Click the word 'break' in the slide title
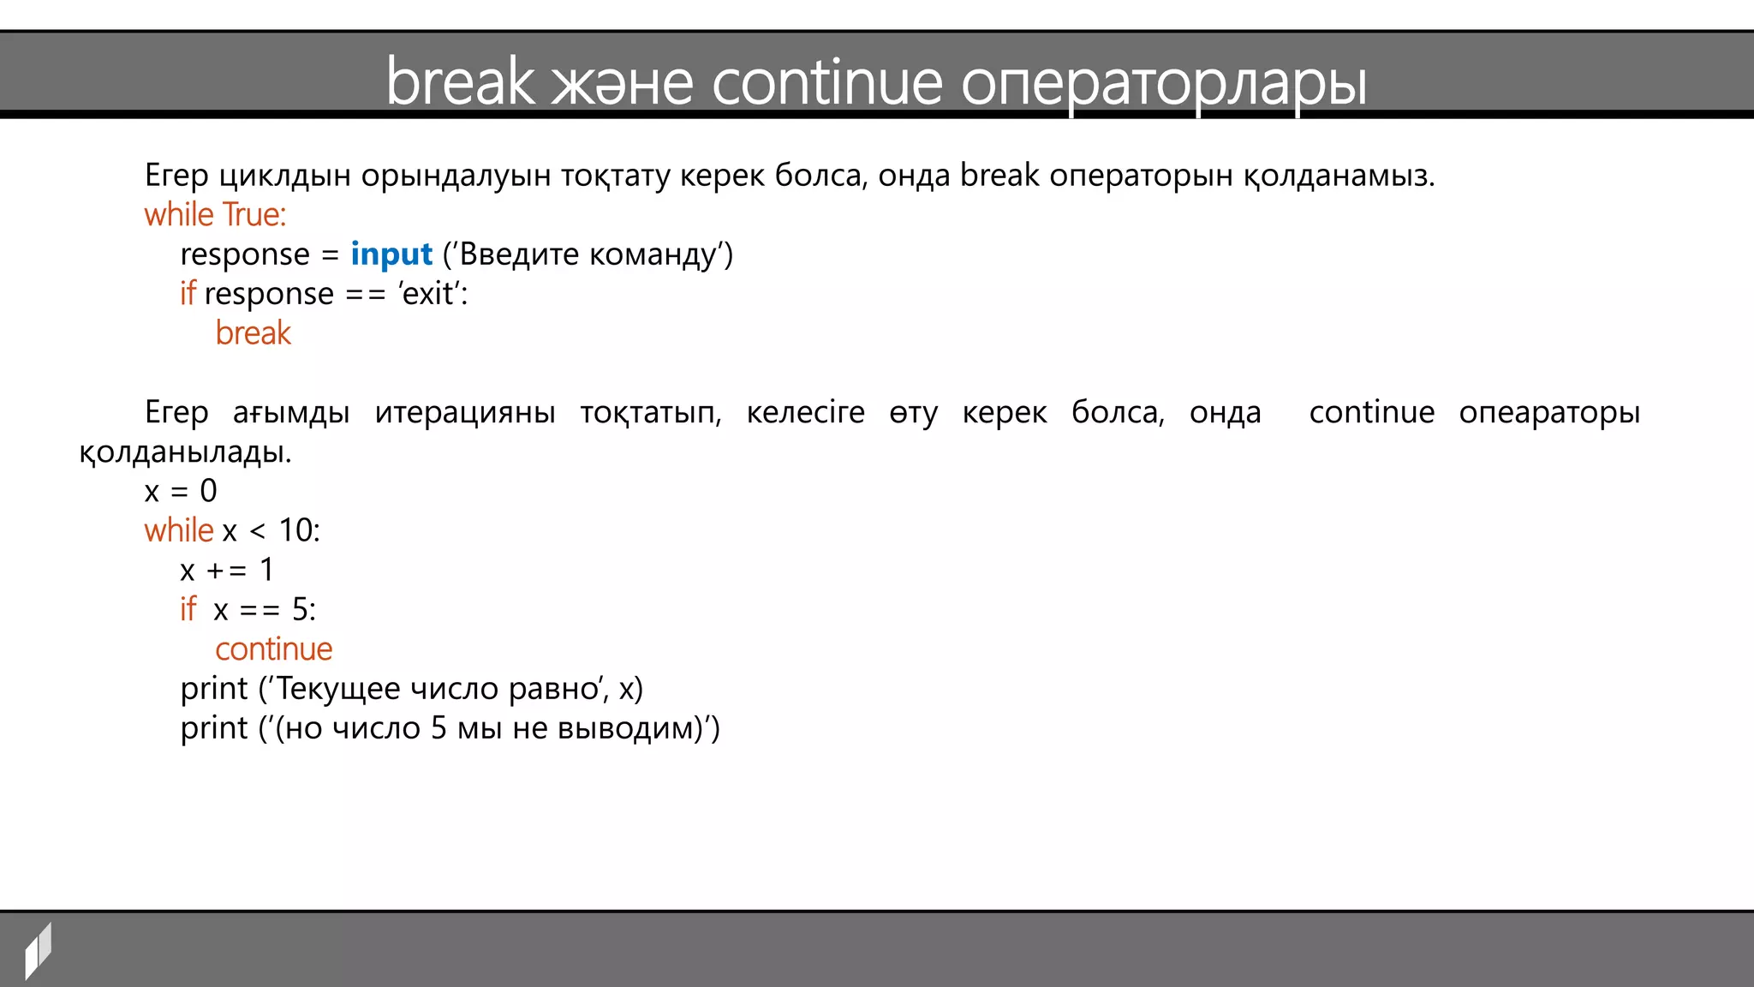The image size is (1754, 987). pos(460,81)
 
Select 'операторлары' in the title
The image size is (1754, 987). pos(1163,83)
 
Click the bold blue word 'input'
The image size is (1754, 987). pos(391,254)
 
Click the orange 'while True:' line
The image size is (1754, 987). pos(215,214)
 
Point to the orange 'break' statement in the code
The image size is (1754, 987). pos(253,332)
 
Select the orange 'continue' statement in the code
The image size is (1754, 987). pos(273,649)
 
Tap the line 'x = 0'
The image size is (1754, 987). pos(181,491)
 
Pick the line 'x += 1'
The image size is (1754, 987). pos(226,570)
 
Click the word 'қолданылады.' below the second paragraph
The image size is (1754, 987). pos(185,452)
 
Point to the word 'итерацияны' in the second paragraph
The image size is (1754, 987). pos(465,412)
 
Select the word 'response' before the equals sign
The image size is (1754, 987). pos(245,254)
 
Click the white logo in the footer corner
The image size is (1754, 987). pos(38,949)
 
